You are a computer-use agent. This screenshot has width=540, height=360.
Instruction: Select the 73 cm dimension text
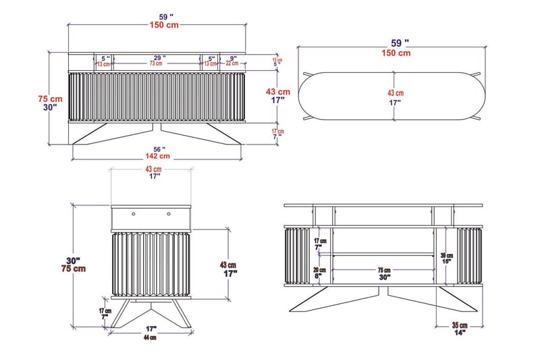156,64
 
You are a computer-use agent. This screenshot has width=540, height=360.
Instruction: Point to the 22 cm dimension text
233,64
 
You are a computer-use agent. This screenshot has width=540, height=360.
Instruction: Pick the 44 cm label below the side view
149,337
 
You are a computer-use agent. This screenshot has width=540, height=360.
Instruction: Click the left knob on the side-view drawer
134,213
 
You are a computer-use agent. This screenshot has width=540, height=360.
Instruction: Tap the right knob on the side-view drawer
168,213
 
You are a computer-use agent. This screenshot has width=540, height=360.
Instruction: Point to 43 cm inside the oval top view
395,93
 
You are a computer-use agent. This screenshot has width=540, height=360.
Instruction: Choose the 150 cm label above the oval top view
396,52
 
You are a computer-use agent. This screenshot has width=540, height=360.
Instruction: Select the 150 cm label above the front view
164,26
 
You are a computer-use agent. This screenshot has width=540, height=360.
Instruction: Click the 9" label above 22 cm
233,58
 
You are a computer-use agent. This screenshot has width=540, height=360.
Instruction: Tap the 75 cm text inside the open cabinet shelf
383,269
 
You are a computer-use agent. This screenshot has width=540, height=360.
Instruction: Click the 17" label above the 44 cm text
150,330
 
